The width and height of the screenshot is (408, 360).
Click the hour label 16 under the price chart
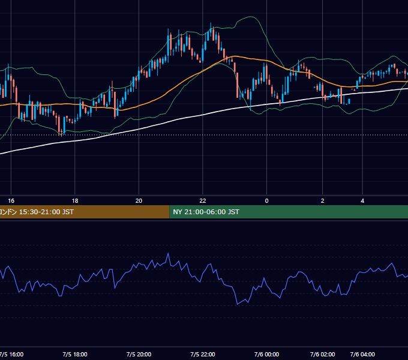(11, 201)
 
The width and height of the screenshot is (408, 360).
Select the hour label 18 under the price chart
(75, 201)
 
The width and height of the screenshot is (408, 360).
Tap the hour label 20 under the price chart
(139, 201)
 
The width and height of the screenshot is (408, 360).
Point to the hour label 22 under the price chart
(203, 201)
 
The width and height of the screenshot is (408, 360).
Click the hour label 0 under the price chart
(266, 201)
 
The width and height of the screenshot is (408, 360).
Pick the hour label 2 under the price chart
(322, 201)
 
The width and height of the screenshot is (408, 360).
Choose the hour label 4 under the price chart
(362, 201)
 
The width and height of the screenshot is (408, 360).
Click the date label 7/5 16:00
(11, 354)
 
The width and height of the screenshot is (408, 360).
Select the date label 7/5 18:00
(75, 354)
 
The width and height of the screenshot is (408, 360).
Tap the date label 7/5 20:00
(139, 354)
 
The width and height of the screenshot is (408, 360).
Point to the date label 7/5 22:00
(203, 354)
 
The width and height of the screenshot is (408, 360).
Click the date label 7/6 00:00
(266, 354)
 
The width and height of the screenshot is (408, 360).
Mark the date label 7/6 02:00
(322, 354)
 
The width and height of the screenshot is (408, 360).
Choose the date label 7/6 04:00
(362, 354)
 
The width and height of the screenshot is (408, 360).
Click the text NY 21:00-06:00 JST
(206, 212)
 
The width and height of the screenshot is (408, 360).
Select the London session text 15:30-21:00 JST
(46, 212)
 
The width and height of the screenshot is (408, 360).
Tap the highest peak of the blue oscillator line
(168, 253)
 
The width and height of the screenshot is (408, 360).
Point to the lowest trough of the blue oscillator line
(238, 304)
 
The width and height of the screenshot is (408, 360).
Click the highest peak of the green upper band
(251, 17)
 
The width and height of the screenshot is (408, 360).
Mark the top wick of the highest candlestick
(211, 25)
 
